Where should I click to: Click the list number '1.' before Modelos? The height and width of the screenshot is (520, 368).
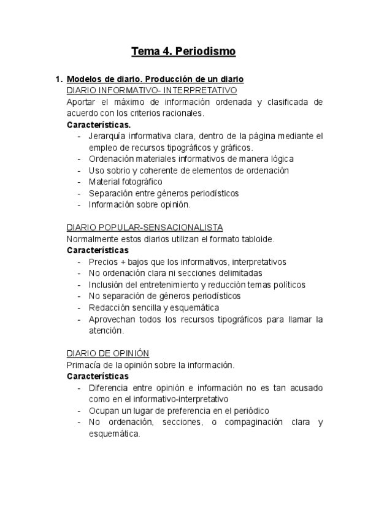click(x=59, y=80)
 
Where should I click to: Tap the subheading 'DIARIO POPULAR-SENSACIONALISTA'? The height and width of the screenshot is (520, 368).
click(x=145, y=227)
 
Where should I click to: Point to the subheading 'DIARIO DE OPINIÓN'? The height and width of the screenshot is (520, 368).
click(x=107, y=353)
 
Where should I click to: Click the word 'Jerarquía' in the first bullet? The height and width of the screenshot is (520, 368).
click(x=108, y=136)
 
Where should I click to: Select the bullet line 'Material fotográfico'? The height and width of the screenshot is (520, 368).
click(x=125, y=182)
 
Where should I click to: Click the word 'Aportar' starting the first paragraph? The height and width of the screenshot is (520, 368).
click(x=82, y=102)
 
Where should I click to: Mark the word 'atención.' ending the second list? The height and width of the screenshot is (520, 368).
click(x=106, y=331)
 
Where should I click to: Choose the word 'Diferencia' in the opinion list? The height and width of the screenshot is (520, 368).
click(x=110, y=388)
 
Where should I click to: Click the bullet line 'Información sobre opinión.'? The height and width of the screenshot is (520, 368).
click(x=140, y=204)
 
